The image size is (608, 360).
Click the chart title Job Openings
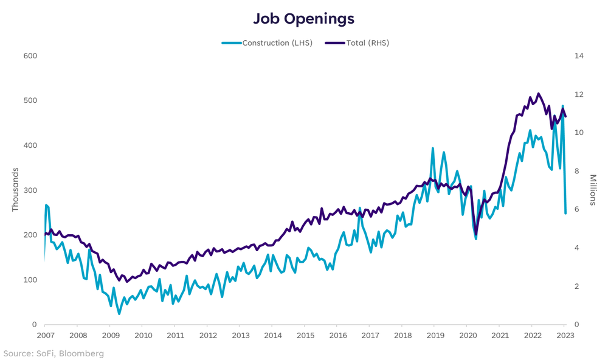click(x=303, y=19)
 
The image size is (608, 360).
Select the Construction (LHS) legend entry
click(x=268, y=43)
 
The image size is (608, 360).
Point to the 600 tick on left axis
click(x=30, y=56)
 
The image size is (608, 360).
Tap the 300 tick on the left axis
click(x=30, y=190)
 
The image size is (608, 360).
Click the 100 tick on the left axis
click(x=30, y=280)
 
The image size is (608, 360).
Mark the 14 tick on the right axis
click(x=578, y=56)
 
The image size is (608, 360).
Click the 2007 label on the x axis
click(x=46, y=335)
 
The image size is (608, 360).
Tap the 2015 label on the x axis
click(x=305, y=335)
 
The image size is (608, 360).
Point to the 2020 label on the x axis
click(x=468, y=335)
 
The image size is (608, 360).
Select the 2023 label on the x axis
click(x=565, y=335)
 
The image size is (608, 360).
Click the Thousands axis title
click(x=15, y=190)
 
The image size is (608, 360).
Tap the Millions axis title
click(x=593, y=190)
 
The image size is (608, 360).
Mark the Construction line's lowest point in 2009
click(x=119, y=313)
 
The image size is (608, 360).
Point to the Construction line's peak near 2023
click(x=562, y=106)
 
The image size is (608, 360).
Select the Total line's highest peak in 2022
click(x=538, y=94)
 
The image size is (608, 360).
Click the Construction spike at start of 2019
click(x=433, y=148)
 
